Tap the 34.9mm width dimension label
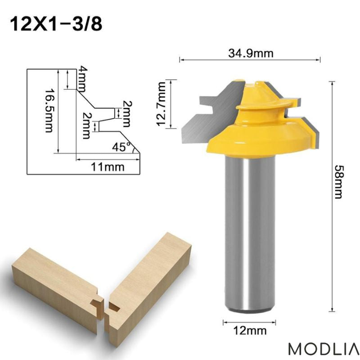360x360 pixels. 250,54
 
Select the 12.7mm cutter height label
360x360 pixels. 162,104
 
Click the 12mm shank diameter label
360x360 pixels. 250,331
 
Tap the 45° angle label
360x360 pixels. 121,147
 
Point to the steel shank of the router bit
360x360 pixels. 250,234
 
